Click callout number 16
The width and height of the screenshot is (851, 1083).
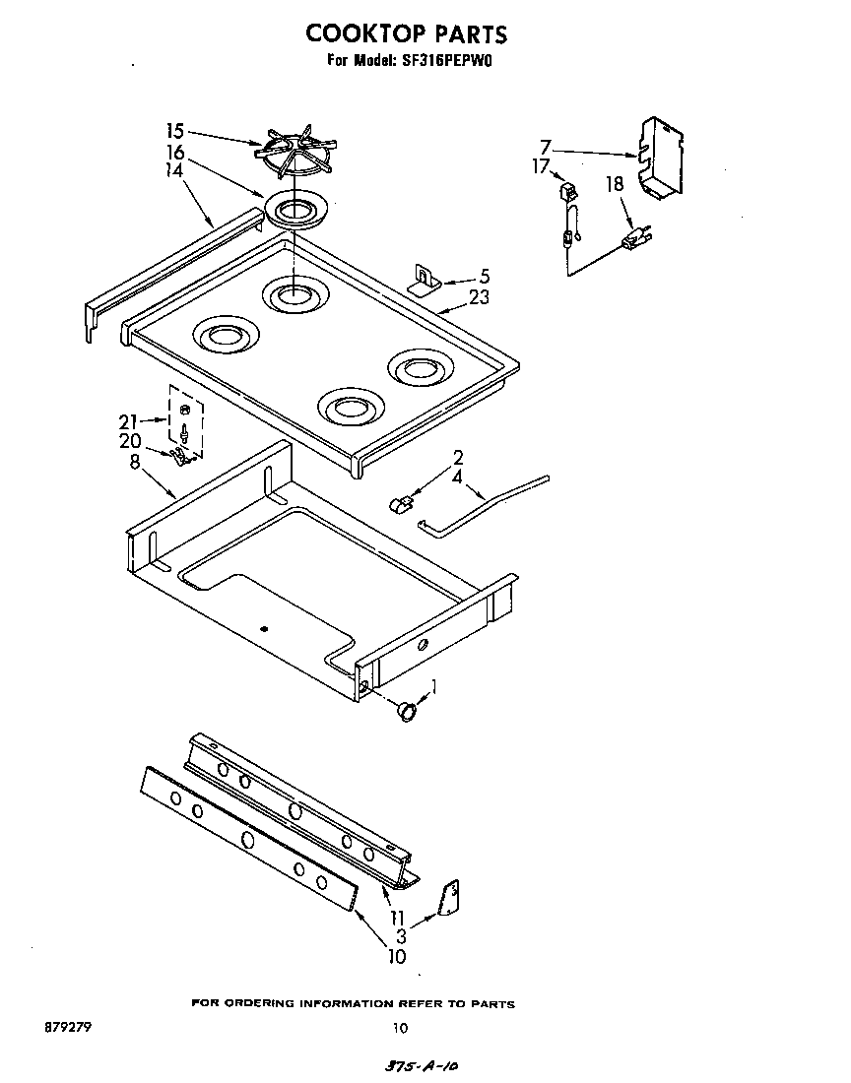pos(175,153)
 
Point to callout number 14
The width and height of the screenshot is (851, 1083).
pos(175,169)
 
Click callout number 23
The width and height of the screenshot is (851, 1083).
pos(480,298)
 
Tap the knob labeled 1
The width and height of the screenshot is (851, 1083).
pos(405,709)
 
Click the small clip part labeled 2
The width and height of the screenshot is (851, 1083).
pos(399,506)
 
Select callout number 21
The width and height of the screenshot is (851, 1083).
pos(130,422)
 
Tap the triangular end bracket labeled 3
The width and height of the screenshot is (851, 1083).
pos(450,898)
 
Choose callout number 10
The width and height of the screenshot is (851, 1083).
pos(396,956)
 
